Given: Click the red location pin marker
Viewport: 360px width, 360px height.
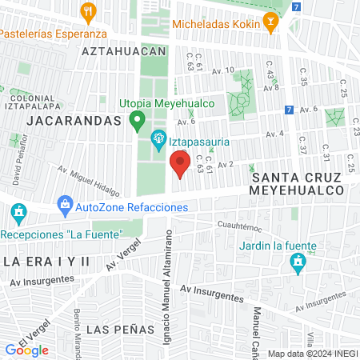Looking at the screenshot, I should pos(180,165).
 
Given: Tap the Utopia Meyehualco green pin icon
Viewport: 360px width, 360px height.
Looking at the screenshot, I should pos(137,121).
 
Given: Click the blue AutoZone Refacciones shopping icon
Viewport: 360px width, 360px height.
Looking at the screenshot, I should pos(65,207).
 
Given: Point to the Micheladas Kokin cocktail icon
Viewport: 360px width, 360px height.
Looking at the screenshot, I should pos(270,25).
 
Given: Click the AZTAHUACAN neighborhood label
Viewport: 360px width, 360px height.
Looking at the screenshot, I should pos(123,50).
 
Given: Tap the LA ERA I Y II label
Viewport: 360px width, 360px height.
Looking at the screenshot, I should pos(46,262).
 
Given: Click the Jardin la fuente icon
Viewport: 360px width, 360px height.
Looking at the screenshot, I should pos(298,262).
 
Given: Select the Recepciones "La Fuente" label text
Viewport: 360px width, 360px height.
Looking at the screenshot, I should pos(60,234).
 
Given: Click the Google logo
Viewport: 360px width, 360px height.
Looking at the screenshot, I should pos(26,350).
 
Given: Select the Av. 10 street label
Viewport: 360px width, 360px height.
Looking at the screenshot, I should pos(222,70).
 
